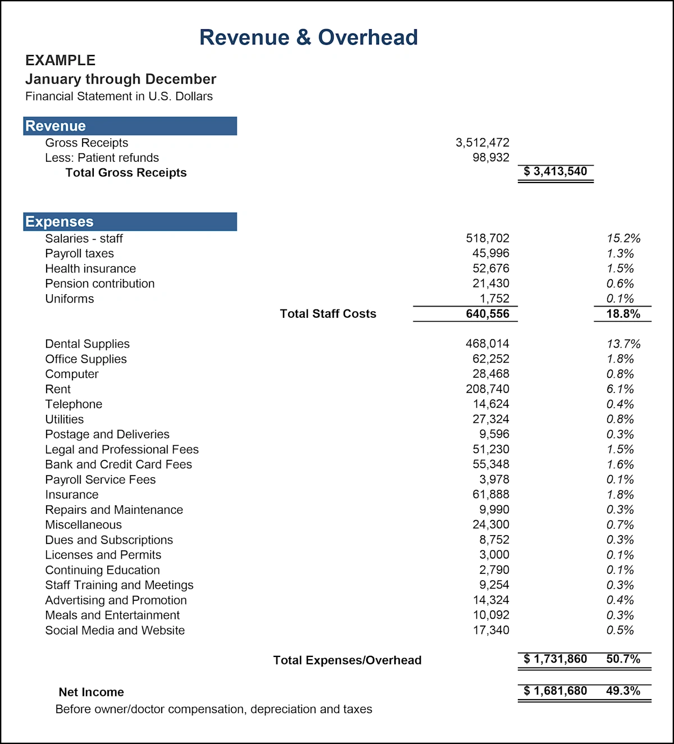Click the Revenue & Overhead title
click(x=308, y=38)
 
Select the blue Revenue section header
click(x=130, y=126)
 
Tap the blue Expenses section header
click(x=130, y=222)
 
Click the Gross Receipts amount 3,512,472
click(x=482, y=143)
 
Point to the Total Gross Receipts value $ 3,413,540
click(x=555, y=171)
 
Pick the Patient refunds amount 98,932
click(x=490, y=158)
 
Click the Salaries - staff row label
click(x=84, y=239)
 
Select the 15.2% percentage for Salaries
click(x=623, y=239)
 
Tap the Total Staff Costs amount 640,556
click(x=487, y=314)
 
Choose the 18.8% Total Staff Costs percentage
click(x=623, y=314)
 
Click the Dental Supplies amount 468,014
click(x=487, y=344)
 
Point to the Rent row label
click(x=58, y=389)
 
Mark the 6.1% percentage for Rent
click(x=620, y=389)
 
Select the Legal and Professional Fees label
click(x=122, y=449)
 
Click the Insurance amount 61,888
click(x=490, y=495)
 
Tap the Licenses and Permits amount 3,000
click(x=494, y=555)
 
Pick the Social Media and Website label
click(x=115, y=630)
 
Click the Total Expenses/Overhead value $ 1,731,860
click(x=555, y=659)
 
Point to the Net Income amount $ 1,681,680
click(x=555, y=691)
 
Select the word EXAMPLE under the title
click(x=60, y=60)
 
